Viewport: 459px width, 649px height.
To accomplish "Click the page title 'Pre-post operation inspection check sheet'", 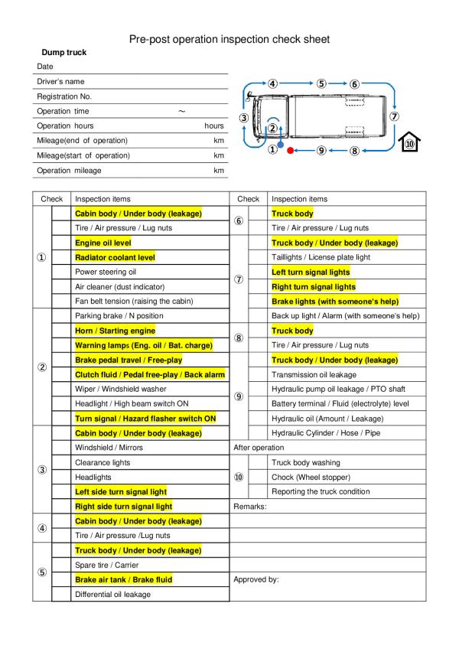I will [x=229, y=38].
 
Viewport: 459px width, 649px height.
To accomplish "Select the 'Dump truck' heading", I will [x=63, y=53].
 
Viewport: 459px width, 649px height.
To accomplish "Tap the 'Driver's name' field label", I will [x=60, y=82].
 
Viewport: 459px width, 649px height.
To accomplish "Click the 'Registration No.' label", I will [x=64, y=96].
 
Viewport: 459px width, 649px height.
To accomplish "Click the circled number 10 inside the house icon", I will [x=410, y=143].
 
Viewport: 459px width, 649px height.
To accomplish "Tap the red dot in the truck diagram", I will [x=290, y=151].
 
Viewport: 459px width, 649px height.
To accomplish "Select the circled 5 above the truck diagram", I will [x=321, y=83].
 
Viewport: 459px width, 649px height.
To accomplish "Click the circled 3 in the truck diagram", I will [x=243, y=118].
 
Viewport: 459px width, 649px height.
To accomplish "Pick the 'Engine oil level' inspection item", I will [x=103, y=243].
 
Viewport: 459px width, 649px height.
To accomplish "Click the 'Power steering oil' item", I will [x=106, y=272].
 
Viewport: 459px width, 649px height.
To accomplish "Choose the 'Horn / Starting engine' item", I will [x=115, y=331].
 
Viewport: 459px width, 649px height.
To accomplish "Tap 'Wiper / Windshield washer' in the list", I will [x=120, y=389].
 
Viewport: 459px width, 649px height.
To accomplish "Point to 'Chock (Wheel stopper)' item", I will [x=312, y=477].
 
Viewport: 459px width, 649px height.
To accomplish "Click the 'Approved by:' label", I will [x=256, y=579].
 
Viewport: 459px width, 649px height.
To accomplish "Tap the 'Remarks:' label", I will [x=249, y=506].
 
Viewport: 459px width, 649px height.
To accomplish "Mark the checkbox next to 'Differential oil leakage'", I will [x=61, y=594].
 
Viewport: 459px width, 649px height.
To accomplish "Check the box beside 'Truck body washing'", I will [x=259, y=462].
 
